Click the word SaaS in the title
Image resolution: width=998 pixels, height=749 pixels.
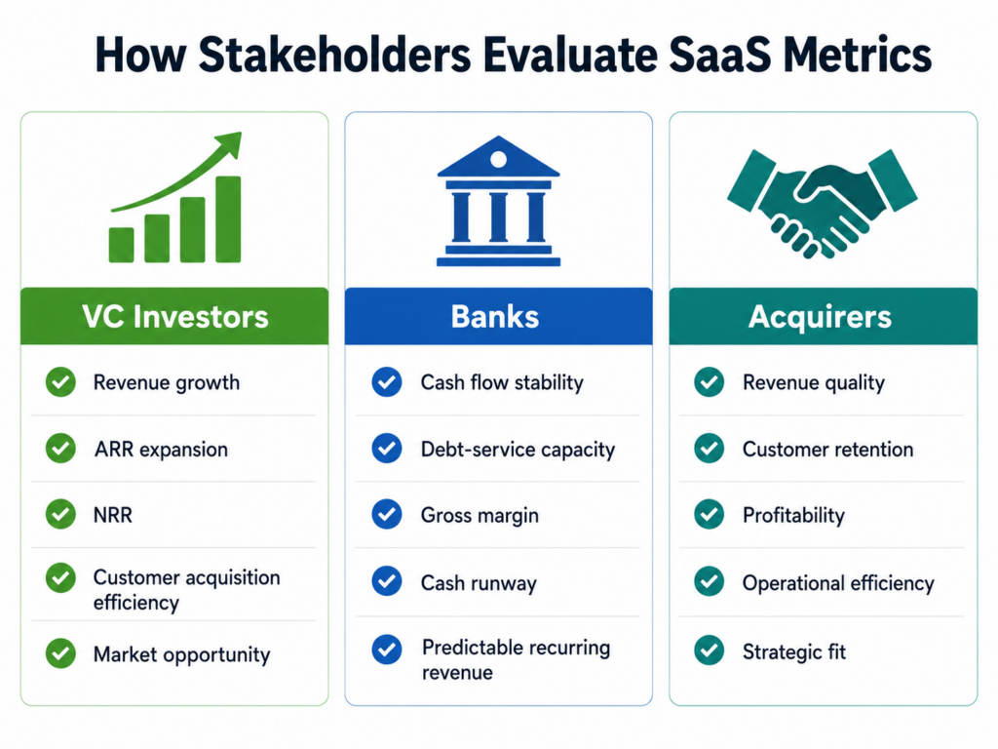[x=720, y=55]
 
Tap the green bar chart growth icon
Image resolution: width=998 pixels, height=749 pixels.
[x=175, y=197]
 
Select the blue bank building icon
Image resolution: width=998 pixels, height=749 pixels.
[x=498, y=201]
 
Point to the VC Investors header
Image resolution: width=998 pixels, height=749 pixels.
[x=175, y=317]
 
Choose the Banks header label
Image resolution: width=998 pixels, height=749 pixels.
[x=495, y=317]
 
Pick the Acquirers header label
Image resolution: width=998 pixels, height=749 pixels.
[x=820, y=317]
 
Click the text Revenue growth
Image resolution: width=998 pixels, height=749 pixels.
[x=167, y=382]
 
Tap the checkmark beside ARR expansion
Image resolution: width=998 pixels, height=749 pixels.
[x=60, y=449]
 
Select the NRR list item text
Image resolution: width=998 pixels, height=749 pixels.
[x=113, y=515]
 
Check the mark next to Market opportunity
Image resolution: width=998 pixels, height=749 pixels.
[x=60, y=653]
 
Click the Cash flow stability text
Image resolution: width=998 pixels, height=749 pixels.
[x=502, y=382]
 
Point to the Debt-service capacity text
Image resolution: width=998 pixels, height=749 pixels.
[x=518, y=450]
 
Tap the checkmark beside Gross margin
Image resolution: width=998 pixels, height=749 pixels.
[x=387, y=515]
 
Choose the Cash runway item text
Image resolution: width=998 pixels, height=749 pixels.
[x=479, y=583]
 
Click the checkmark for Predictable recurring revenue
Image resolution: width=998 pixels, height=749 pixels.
[x=387, y=650]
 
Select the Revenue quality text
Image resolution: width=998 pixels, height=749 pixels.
[x=814, y=382]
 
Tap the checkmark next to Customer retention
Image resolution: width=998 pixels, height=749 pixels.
[x=710, y=449]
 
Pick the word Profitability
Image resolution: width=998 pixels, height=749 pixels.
[x=793, y=515]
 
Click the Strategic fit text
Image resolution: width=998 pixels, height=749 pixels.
[x=794, y=651]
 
